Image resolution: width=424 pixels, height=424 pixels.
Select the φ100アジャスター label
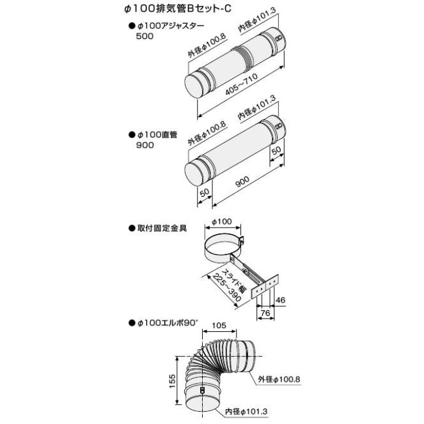click(x=168, y=27)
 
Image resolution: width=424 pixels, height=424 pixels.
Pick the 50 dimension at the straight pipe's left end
click(x=204, y=192)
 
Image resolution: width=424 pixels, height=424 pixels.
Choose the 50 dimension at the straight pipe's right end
click(x=276, y=151)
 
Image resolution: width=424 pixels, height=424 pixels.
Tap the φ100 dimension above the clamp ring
click(x=221, y=222)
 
